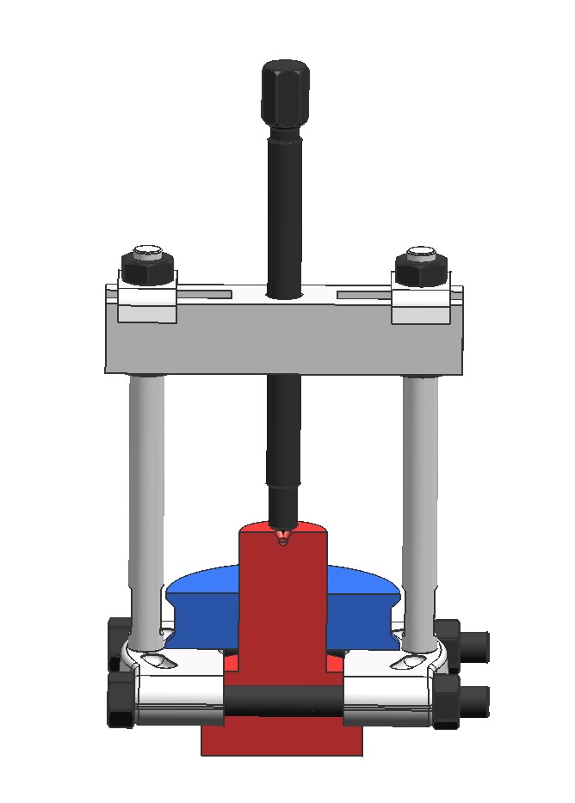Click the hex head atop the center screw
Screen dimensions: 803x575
pyautogui.click(x=285, y=92)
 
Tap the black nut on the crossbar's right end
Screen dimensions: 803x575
pyautogui.click(x=420, y=270)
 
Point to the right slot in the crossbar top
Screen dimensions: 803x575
pyautogui.click(x=363, y=295)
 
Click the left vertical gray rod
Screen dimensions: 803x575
pyautogui.click(x=147, y=507)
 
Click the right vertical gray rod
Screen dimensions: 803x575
pyautogui.click(x=420, y=507)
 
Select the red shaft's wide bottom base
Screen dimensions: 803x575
pyautogui.click(x=281, y=739)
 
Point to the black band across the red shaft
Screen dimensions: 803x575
pyautogui.click(x=283, y=701)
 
